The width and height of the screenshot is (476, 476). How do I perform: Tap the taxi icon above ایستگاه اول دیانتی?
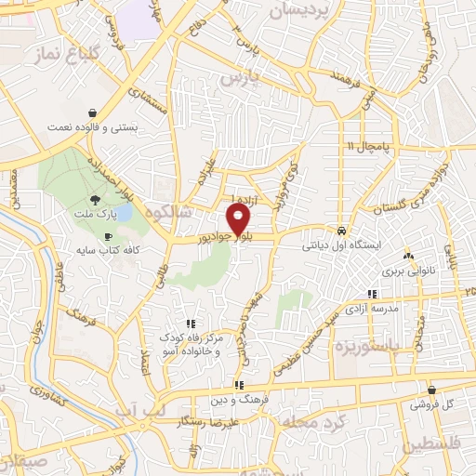[342, 231]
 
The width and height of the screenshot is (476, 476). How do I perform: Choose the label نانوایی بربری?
[406, 273]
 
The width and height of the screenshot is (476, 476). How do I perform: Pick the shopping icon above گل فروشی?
[431, 390]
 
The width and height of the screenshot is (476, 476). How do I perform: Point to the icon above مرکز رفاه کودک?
[191, 323]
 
